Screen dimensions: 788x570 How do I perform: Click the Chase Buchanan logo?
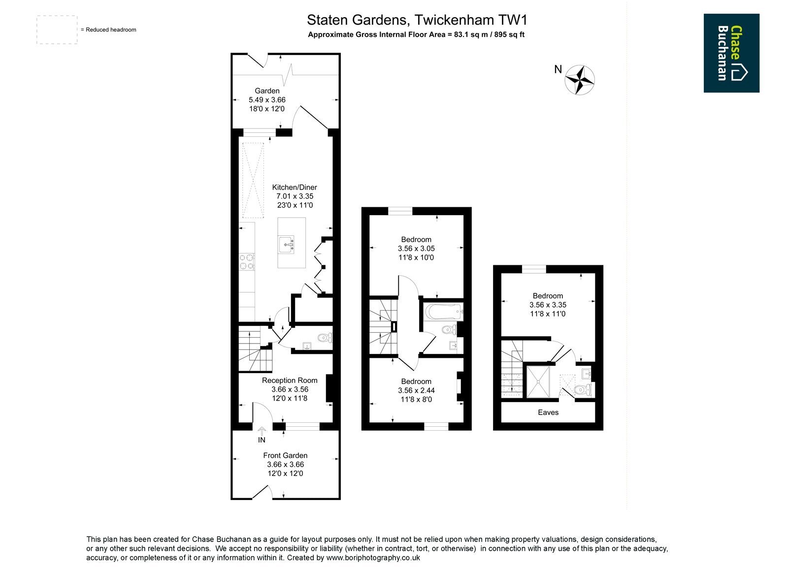coord(731,53)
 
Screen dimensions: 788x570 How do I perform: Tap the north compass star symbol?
coord(579,80)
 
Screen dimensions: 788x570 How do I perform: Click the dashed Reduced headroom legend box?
coord(57,30)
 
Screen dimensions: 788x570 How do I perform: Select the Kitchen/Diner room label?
coord(295,188)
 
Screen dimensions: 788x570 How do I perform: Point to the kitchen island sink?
coord(287,245)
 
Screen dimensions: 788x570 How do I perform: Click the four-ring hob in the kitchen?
coord(247,262)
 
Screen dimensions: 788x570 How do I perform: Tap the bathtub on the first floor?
coord(443,312)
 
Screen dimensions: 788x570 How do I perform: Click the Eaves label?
coord(548,412)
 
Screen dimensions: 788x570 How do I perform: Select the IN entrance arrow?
coord(262,431)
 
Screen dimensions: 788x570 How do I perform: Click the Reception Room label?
coord(290,380)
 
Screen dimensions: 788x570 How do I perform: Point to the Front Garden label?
coord(285,455)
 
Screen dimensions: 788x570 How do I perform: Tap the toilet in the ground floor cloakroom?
coord(325,338)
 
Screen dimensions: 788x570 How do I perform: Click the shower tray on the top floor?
coord(538,382)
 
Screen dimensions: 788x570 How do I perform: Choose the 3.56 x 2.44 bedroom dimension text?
coord(416,390)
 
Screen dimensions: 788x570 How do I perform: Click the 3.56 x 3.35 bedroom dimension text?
coord(548,305)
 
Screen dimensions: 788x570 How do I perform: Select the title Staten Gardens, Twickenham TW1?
coord(417,20)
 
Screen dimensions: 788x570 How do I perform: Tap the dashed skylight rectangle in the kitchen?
coord(253,180)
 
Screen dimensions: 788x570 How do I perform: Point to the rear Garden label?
coord(267,91)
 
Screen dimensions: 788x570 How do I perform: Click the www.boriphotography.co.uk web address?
coord(373,558)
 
